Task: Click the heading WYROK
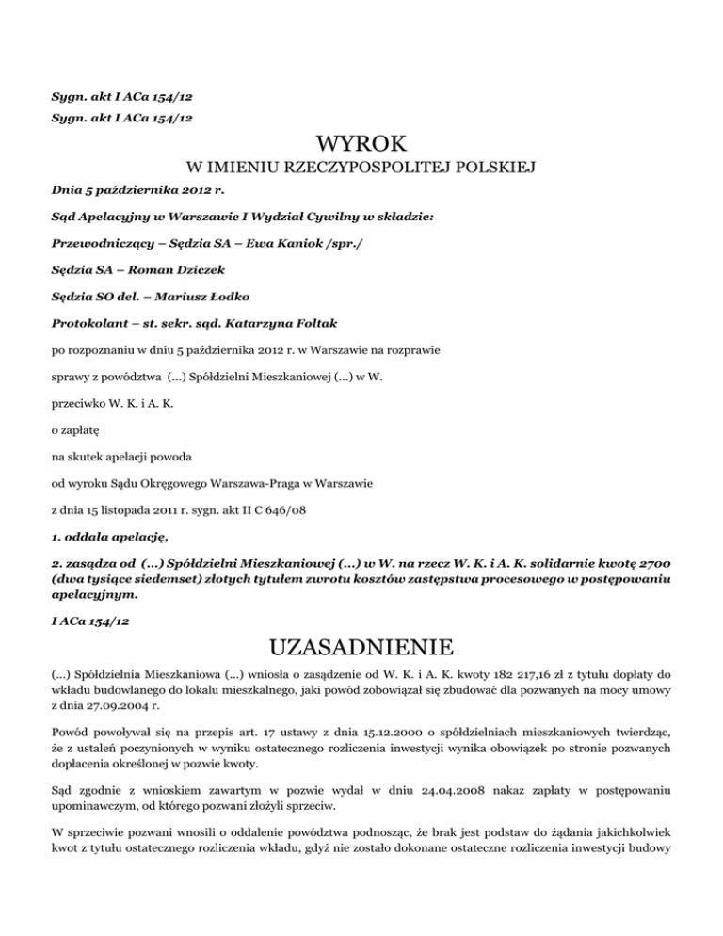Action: tap(361, 145)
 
